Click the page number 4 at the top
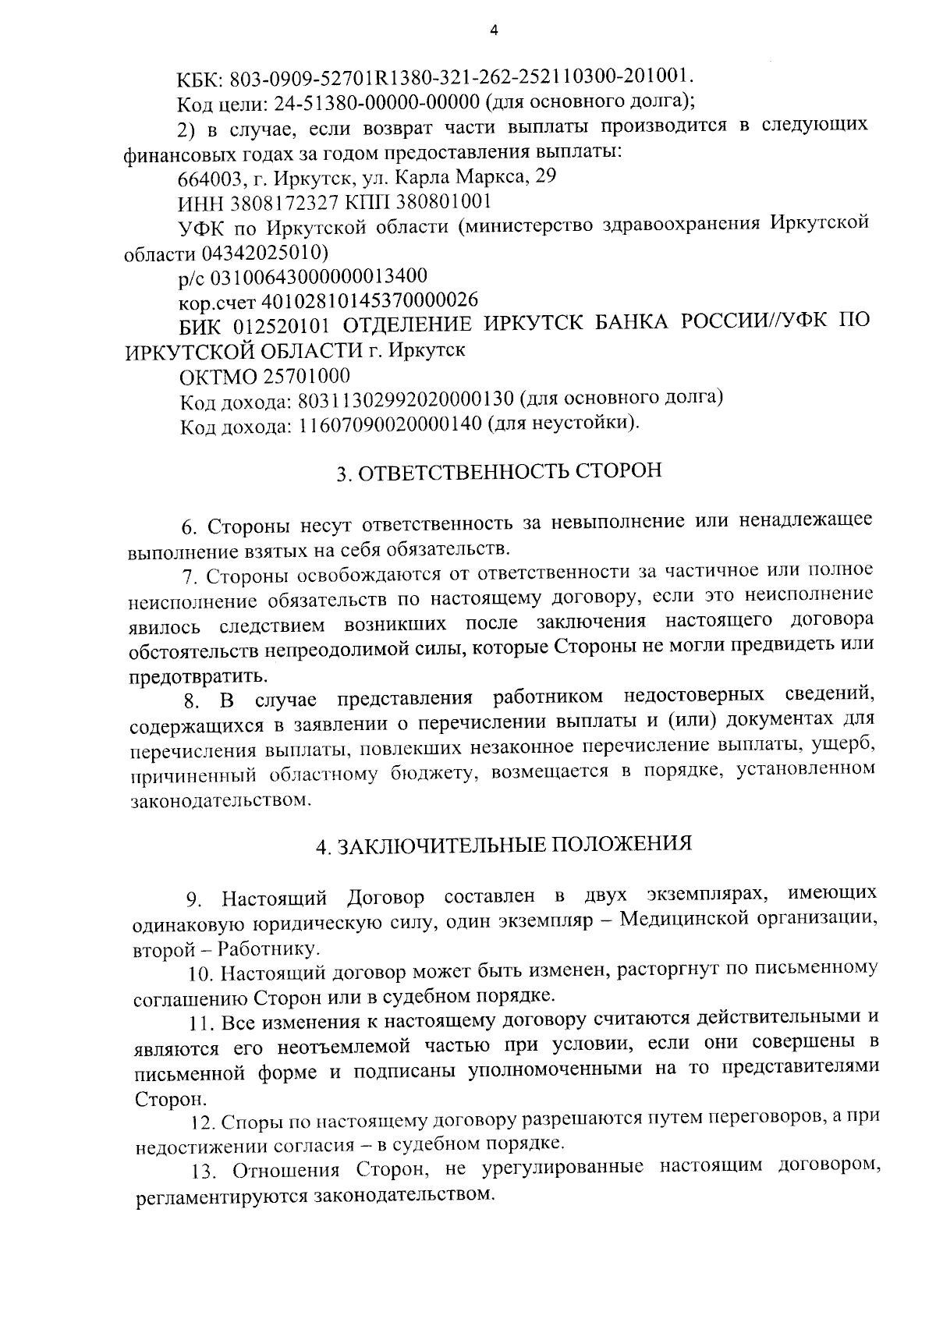point(492,30)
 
